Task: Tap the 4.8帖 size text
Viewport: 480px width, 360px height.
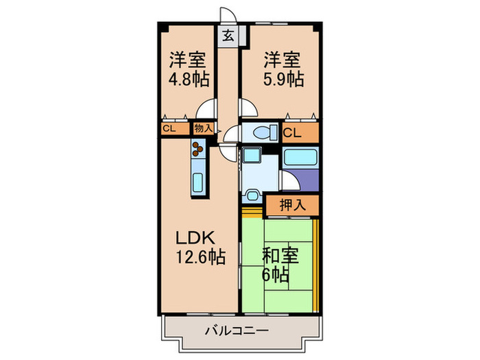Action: click(189, 78)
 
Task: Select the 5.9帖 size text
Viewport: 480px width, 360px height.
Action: click(283, 78)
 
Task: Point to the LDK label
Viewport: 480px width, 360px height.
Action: click(196, 239)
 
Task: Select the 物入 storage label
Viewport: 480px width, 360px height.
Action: click(202, 128)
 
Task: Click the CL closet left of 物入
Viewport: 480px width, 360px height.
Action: click(169, 128)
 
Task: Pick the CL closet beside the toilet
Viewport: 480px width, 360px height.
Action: click(290, 132)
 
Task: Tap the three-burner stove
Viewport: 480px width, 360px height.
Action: click(199, 149)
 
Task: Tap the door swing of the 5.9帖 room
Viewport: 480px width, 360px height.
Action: click(248, 108)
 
